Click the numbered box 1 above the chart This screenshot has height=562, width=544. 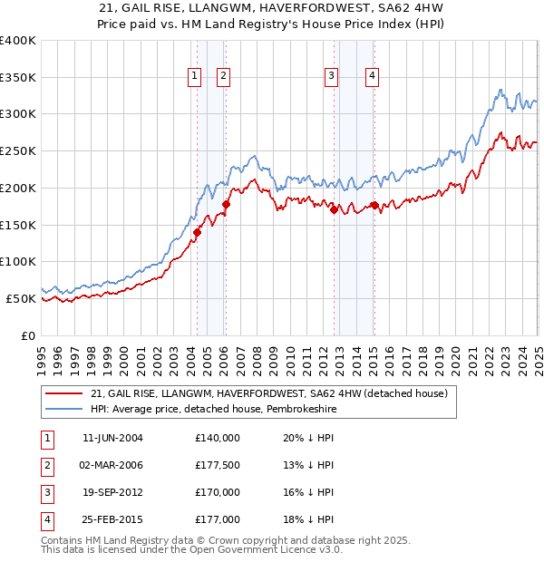coord(195,77)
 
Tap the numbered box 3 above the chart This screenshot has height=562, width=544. coord(332,77)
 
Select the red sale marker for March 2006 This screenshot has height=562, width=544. coord(226,204)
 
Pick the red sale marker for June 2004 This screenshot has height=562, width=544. coord(197,232)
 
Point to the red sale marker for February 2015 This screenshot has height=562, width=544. coord(374,205)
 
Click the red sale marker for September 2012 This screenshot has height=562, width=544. coord(334,209)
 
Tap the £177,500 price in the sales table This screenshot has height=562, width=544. coord(218,465)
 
